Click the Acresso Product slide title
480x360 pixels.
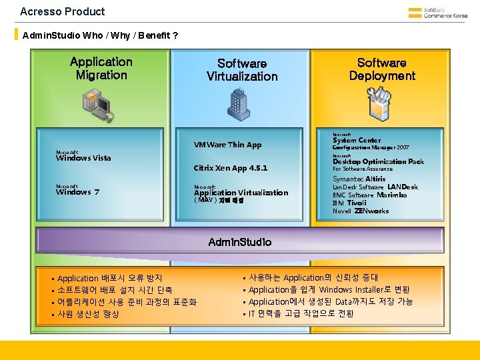coord(63,11)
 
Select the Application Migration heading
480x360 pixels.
coord(101,68)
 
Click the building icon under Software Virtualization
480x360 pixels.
coord(240,102)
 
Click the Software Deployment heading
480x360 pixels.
coord(382,69)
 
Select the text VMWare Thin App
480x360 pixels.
coord(227,145)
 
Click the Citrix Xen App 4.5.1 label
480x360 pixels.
coord(230,168)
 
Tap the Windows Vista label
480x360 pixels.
coord(83,158)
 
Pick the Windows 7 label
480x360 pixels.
coord(78,192)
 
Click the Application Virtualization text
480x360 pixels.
coord(241,193)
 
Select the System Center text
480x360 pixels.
coord(357,140)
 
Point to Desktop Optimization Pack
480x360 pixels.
coord(378,161)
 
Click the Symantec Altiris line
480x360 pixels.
coord(359,179)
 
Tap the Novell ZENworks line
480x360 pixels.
coord(360,211)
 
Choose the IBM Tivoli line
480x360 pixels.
coord(349,203)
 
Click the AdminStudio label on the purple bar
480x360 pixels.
coord(240,242)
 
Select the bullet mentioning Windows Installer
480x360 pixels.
coord(329,290)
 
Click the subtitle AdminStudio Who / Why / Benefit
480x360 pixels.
coord(100,34)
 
